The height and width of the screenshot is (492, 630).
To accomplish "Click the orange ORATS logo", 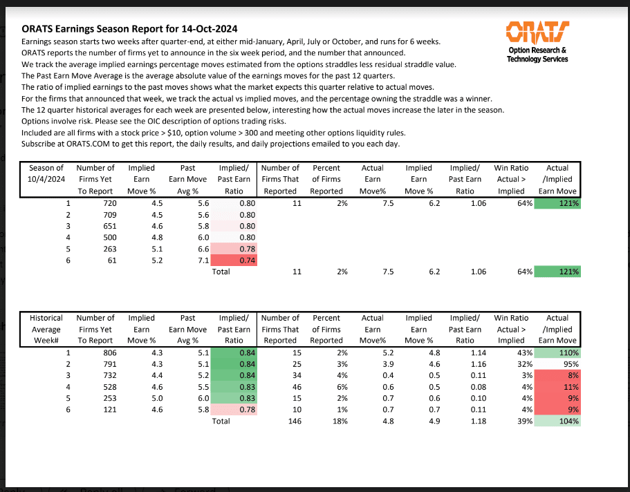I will pyautogui.click(x=537, y=31).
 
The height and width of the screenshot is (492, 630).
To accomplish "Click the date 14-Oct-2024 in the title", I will pyautogui.click(x=207, y=29).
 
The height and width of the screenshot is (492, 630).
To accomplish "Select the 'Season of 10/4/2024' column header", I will pyautogui.click(x=46, y=179).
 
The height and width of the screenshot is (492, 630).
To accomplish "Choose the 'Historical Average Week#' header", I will pyautogui.click(x=46, y=329).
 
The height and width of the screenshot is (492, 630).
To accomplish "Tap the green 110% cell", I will pyautogui.click(x=558, y=353).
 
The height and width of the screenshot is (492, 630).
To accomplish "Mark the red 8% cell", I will pyautogui.click(x=558, y=375).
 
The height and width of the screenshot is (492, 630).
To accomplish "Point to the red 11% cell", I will pyautogui.click(x=558, y=387).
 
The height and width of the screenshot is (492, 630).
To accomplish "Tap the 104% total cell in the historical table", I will pyautogui.click(x=558, y=421).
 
